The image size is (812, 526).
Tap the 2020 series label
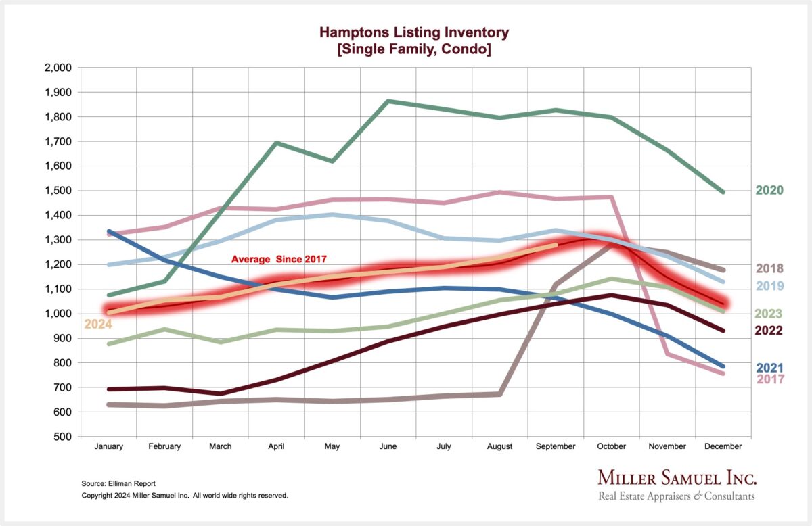(769, 191)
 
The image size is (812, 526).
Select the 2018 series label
(769, 268)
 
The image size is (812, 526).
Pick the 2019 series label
(769, 286)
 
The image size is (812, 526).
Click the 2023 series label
(769, 314)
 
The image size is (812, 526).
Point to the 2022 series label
(769, 331)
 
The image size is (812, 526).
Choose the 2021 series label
(769, 368)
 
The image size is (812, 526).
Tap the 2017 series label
(769, 379)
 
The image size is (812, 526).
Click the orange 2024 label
(97, 325)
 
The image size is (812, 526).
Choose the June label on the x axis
(388, 446)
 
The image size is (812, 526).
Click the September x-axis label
(556, 446)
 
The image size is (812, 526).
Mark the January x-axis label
(108, 446)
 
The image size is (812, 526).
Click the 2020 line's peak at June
(388, 101)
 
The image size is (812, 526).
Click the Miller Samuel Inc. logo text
(677, 478)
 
